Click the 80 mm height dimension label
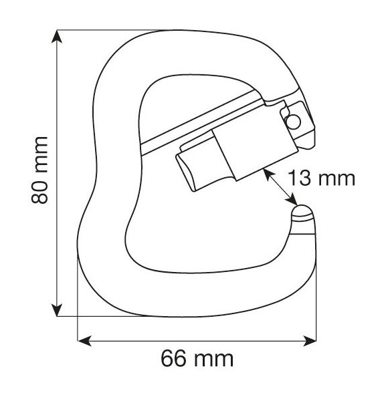tap(39, 170)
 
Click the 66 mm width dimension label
tap(197, 359)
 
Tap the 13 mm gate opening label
tap(322, 178)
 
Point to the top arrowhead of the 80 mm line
tap(57, 37)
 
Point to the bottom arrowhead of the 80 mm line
tap(57, 310)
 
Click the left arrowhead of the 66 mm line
tap(84, 341)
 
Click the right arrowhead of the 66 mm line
tap(310, 341)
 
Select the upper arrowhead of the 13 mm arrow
tap(268, 174)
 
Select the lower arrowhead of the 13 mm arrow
tap(292, 200)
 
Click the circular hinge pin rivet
tap(293, 122)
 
